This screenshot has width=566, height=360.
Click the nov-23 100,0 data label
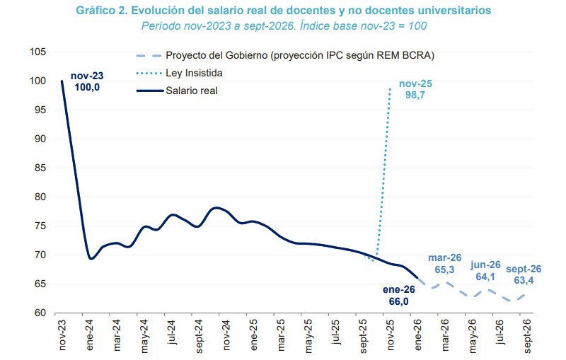[x=86, y=81]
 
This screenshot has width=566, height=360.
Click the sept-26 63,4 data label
[x=524, y=274]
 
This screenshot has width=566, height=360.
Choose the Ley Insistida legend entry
[x=194, y=73]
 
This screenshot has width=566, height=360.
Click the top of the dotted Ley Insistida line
[x=390, y=88]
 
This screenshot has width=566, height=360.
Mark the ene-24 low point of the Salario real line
[x=91, y=258]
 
